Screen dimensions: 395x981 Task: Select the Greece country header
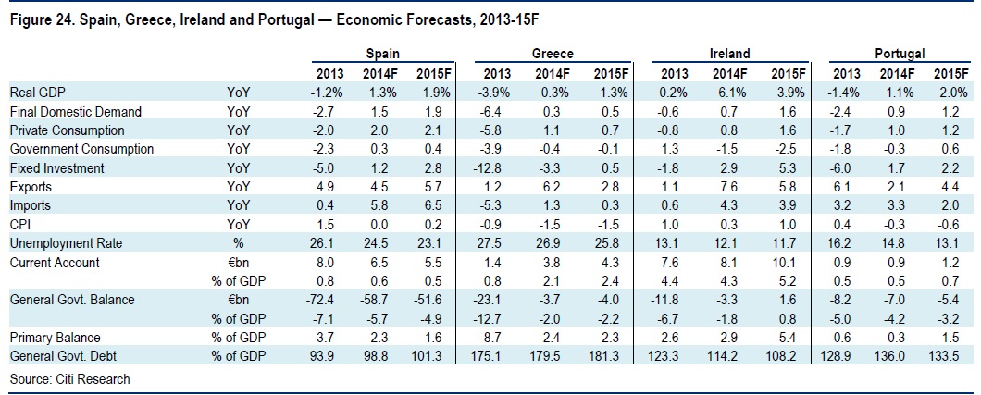[x=553, y=55]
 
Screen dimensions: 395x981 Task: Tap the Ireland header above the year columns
[x=730, y=55]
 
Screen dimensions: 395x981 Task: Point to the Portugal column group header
[x=900, y=55]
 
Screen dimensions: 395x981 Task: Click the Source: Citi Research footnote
[x=57, y=379]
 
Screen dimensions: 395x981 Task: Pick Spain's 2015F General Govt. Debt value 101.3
[x=434, y=356]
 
